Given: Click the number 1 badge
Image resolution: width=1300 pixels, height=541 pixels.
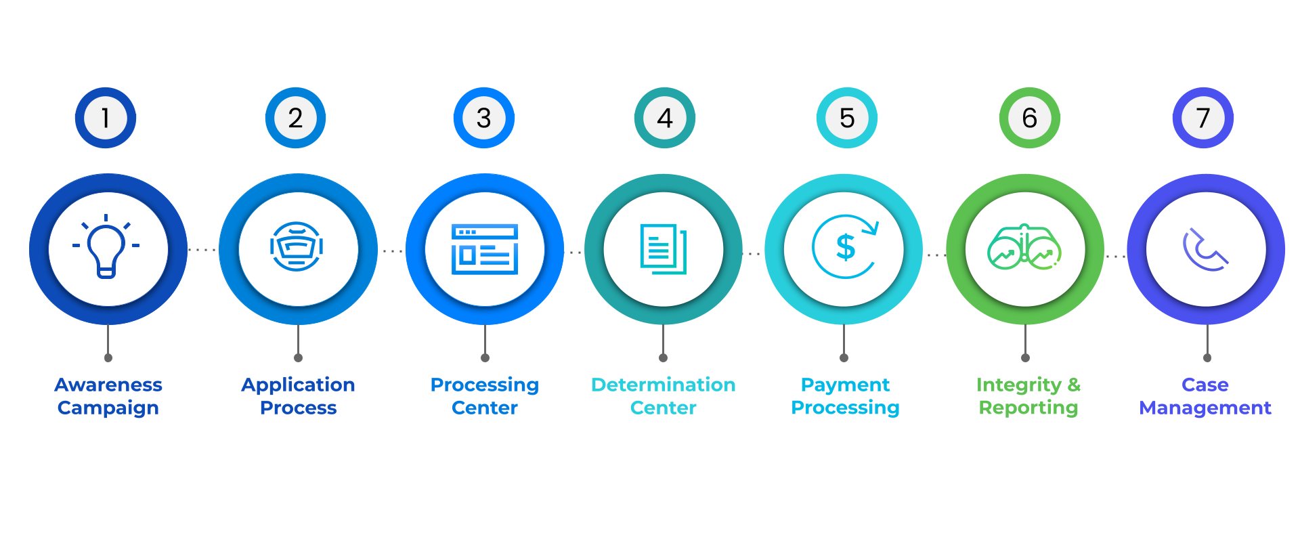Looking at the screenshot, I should [106, 118].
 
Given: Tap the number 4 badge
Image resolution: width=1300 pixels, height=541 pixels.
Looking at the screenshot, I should [665, 118].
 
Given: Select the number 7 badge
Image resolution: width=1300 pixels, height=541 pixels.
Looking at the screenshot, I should [1203, 118].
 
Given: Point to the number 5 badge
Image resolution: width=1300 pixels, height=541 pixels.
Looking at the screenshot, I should [847, 118].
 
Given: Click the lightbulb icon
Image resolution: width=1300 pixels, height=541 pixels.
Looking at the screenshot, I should [107, 247].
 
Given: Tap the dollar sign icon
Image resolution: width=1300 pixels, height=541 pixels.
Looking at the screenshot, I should [846, 247].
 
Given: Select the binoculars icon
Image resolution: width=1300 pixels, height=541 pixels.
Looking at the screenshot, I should [1024, 248].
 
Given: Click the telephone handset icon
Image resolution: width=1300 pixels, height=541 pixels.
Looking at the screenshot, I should [1205, 250].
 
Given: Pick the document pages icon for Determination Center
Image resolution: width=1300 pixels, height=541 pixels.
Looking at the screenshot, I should [664, 248].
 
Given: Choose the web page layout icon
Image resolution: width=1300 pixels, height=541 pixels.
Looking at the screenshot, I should [485, 248].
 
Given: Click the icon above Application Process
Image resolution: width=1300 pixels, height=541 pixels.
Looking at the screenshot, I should [297, 247].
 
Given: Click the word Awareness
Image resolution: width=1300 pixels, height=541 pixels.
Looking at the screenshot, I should [108, 385].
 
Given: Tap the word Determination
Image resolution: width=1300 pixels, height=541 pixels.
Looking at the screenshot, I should [664, 385].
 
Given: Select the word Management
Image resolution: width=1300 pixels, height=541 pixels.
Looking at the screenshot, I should [1205, 408].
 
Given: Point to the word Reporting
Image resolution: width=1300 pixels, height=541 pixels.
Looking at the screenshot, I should [1028, 408].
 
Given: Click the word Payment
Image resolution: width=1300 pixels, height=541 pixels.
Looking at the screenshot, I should [845, 385].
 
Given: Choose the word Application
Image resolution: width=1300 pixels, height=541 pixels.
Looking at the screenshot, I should [298, 385].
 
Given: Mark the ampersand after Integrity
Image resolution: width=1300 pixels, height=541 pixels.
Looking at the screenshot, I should [1074, 385].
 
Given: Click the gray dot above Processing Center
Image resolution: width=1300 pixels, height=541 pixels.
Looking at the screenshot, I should [485, 358].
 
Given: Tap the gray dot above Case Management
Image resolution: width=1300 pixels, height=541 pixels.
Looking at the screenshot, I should [1207, 358].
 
